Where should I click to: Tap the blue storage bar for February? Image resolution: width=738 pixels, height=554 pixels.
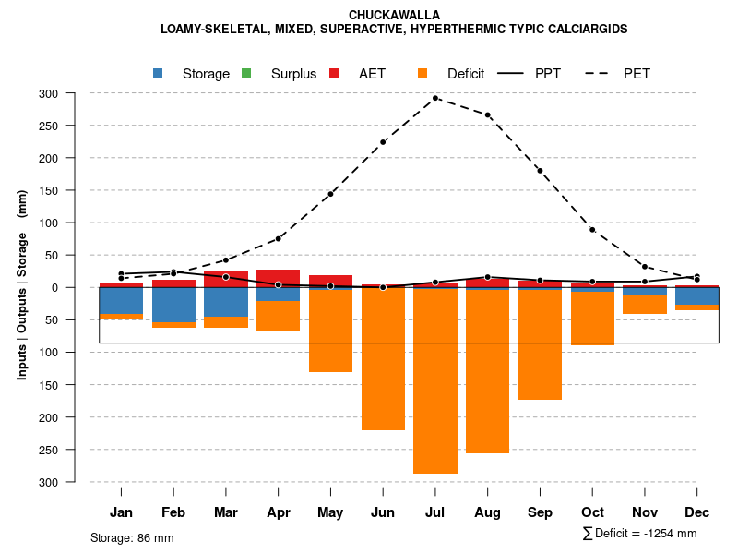coord(173,305)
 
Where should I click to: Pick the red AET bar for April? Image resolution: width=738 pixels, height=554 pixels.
coord(278,278)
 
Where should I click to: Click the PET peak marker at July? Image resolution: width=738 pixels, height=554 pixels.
coord(435,98)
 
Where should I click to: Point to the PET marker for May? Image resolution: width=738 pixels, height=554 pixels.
coord(330,194)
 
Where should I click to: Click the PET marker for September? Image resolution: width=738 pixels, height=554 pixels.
coord(540,171)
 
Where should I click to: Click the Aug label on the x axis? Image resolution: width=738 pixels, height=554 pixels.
coord(487,512)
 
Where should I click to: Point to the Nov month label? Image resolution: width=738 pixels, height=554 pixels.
coord(645,512)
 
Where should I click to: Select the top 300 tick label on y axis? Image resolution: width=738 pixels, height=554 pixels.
coord(74,93)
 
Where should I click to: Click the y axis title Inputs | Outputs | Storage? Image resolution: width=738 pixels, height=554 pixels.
coord(22,286)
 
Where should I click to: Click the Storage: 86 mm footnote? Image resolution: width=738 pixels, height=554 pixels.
coord(132,537)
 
